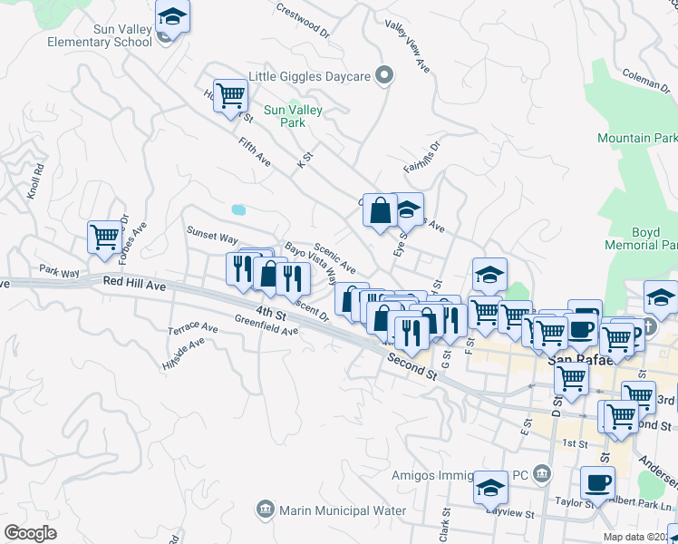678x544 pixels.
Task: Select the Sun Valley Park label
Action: coord(293,116)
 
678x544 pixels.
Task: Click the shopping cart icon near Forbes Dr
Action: coord(105,238)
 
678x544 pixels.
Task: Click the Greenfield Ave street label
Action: coord(266,325)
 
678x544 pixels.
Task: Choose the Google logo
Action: coord(30,532)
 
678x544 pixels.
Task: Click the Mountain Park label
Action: coord(637,138)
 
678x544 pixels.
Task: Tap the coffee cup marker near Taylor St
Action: coord(597,481)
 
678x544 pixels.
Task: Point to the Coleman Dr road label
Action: coord(645,82)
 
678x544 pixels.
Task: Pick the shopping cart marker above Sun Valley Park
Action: coord(231,94)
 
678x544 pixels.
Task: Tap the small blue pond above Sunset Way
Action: coord(238,209)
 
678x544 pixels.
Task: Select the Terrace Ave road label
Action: coord(192,327)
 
